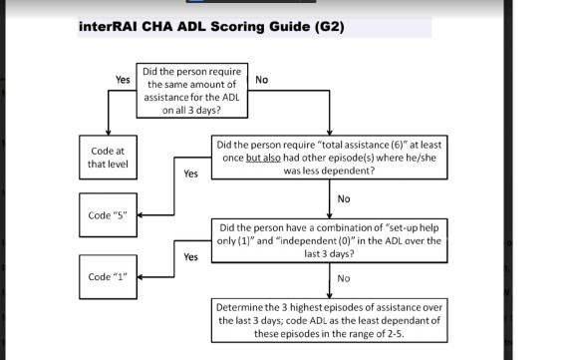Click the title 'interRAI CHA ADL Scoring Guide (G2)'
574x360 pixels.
pos(210,26)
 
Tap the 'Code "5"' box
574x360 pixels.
pos(107,215)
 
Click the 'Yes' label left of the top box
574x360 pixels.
pos(124,78)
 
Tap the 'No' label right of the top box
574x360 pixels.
pos(262,79)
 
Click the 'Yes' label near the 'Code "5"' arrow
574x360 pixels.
pos(190,174)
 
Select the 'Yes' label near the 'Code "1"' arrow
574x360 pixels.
pos(190,257)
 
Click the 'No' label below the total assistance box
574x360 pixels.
pos(344,198)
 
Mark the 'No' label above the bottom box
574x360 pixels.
pos(344,278)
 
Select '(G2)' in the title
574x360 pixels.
pos(326,26)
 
